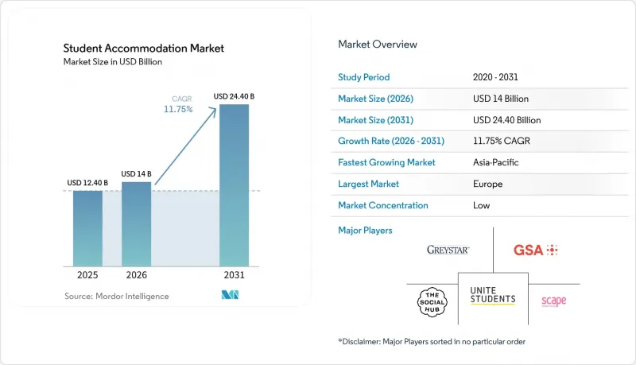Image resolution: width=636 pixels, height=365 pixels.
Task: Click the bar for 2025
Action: click(x=87, y=228)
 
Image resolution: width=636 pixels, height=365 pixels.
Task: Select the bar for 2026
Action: click(x=136, y=224)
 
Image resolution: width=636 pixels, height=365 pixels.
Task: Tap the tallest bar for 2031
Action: click(x=234, y=185)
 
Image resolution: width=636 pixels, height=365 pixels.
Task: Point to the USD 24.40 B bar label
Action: click(x=234, y=96)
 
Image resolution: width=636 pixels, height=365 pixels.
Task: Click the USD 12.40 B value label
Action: click(x=87, y=183)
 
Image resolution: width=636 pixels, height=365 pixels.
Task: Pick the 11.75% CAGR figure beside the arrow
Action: click(x=178, y=109)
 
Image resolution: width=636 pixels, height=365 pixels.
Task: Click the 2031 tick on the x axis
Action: click(x=234, y=275)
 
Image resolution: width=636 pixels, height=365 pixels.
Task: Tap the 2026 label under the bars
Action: click(x=136, y=275)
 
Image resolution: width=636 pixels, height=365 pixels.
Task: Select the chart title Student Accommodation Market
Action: click(x=144, y=49)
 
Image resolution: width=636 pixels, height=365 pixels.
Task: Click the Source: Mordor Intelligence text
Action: click(x=116, y=296)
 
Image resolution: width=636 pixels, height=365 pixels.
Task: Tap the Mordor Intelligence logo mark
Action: click(x=230, y=295)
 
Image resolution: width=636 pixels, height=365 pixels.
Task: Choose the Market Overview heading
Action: click(x=378, y=45)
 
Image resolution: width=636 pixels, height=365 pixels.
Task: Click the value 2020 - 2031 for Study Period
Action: click(x=495, y=77)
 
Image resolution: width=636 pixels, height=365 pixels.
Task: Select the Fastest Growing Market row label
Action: click(x=386, y=162)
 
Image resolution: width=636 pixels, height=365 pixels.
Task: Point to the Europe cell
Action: click(x=487, y=184)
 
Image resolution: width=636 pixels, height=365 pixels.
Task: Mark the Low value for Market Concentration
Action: click(x=481, y=205)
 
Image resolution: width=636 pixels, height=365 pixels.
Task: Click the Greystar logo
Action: click(x=448, y=250)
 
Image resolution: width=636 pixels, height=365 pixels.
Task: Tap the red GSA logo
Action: click(x=535, y=250)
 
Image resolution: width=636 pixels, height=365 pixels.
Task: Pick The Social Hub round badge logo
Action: click(x=432, y=302)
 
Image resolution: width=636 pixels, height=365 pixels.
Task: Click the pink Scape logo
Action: click(x=553, y=301)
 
